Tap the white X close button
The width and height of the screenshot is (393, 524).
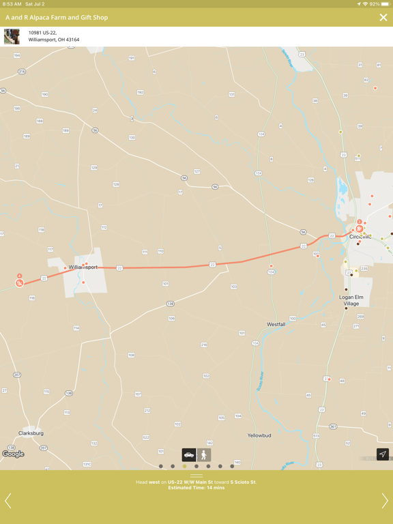[383, 18]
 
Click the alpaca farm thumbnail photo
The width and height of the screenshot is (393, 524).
[12, 36]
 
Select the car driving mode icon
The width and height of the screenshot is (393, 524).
[189, 455]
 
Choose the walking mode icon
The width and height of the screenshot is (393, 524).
[204, 455]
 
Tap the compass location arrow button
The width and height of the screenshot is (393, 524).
[383, 454]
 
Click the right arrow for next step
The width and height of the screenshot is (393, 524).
[384, 501]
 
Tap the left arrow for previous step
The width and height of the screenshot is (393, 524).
[8, 501]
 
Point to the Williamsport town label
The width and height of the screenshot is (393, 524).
[83, 267]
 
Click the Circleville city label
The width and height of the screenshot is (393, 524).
[364, 236]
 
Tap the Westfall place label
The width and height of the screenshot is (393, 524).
[276, 324]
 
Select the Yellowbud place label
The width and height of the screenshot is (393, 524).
[259, 435]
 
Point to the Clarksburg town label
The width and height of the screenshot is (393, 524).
[31, 433]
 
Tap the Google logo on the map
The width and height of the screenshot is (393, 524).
[13, 454]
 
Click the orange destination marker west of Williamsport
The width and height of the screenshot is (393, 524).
[20, 281]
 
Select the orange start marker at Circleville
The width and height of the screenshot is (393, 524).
[360, 229]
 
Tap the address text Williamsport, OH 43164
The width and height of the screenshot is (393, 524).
[54, 40]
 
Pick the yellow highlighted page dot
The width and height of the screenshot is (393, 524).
[184, 467]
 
